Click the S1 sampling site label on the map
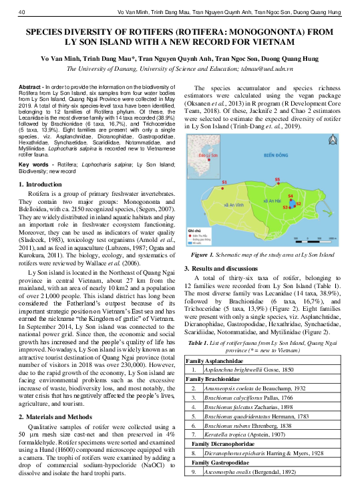(x=224, y=182)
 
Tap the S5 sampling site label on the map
(x=277, y=180)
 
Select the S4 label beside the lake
(x=290, y=196)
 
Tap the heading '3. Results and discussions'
(x=227, y=268)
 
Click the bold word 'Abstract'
(x=30, y=88)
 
